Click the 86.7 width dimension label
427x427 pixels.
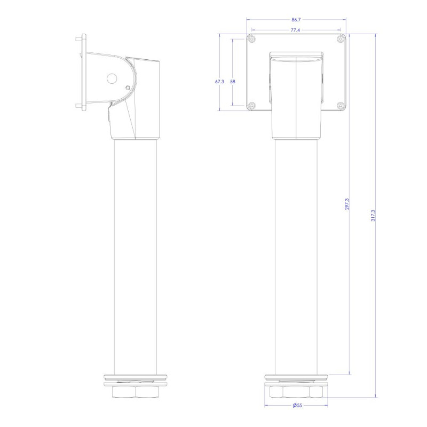(x=296, y=20)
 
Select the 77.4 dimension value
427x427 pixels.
(x=295, y=30)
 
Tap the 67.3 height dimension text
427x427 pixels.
(x=219, y=82)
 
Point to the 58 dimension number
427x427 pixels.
(x=233, y=82)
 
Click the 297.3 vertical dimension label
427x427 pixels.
(x=346, y=204)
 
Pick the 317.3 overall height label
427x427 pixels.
(x=373, y=216)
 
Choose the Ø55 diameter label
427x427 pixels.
(x=297, y=406)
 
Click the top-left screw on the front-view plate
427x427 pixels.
(x=252, y=39)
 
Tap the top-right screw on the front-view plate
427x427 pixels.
(x=341, y=39)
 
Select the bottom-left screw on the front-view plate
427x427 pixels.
(x=252, y=105)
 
